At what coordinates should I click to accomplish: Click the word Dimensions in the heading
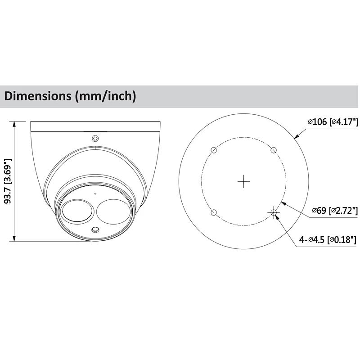(x=38, y=96)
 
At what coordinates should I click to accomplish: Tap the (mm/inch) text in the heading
(x=106, y=96)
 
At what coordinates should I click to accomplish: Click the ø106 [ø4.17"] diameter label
(x=333, y=121)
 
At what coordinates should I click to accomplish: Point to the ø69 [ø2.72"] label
(x=335, y=210)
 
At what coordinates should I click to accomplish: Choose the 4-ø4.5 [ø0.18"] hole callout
(x=328, y=240)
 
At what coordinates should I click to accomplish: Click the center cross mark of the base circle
(x=243, y=181)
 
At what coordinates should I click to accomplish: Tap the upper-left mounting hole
(x=214, y=150)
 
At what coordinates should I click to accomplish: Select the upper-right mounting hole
(x=274, y=150)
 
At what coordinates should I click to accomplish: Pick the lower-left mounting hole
(x=214, y=212)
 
